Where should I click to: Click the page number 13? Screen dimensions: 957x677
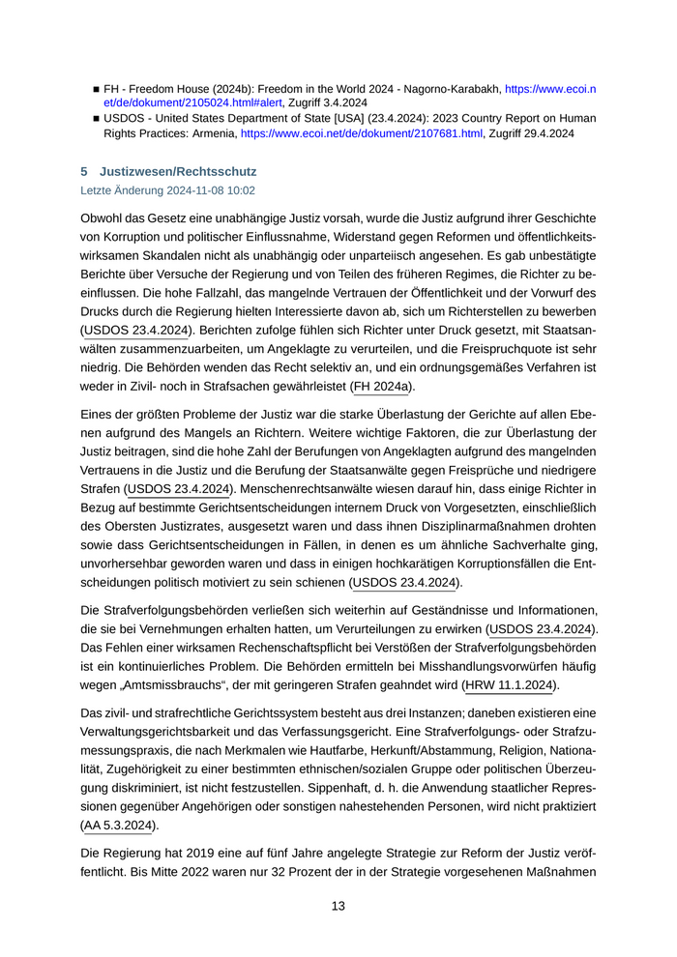(x=338, y=906)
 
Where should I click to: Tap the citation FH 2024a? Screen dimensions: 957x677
(x=382, y=387)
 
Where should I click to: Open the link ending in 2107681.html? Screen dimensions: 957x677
(x=361, y=134)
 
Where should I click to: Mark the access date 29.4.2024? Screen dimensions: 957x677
(x=547, y=134)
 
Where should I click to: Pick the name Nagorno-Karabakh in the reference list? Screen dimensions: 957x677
(x=451, y=88)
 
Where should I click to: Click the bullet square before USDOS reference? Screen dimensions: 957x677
(x=96, y=119)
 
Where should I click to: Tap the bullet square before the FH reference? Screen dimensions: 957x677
(x=96, y=88)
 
